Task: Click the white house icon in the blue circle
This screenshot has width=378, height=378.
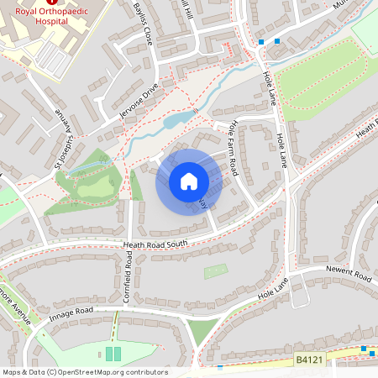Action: point(188,181)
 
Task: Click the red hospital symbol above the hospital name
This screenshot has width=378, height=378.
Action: point(51,3)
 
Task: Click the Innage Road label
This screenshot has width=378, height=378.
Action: point(71,312)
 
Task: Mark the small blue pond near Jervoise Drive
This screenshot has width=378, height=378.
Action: point(175,122)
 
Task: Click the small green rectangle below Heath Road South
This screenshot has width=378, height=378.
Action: point(215,271)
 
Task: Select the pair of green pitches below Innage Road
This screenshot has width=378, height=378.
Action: point(113,354)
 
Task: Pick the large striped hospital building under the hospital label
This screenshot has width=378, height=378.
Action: point(54,57)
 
